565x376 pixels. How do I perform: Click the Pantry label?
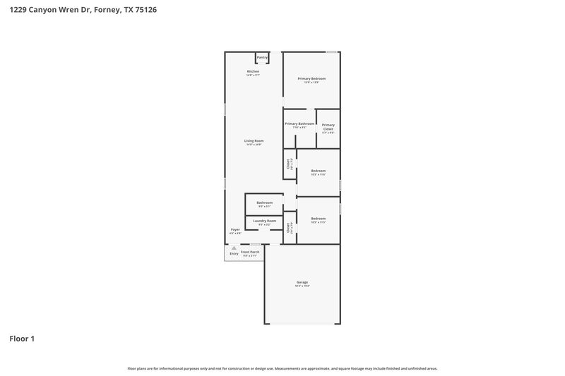(x=262, y=57)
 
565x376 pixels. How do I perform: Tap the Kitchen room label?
(x=253, y=71)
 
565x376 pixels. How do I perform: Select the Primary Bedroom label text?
(x=311, y=78)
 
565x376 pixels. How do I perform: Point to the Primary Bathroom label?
(x=299, y=123)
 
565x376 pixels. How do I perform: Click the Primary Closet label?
(x=328, y=127)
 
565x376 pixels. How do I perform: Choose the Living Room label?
(x=254, y=141)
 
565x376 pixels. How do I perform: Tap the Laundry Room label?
(x=264, y=221)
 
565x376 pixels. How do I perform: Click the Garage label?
(x=302, y=282)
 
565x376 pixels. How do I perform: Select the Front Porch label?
(x=250, y=252)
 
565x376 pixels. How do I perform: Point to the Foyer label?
(x=235, y=229)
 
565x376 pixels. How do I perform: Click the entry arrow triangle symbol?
(x=234, y=248)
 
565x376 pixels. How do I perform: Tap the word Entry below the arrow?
(x=234, y=253)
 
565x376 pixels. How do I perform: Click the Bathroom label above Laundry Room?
(x=264, y=202)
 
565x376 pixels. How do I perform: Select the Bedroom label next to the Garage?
(x=318, y=219)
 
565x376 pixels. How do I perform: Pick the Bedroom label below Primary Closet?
(x=318, y=171)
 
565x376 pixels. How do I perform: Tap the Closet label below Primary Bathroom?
(x=288, y=164)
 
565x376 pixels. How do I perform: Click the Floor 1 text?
(x=22, y=339)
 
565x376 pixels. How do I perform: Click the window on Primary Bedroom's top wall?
(x=331, y=51)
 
